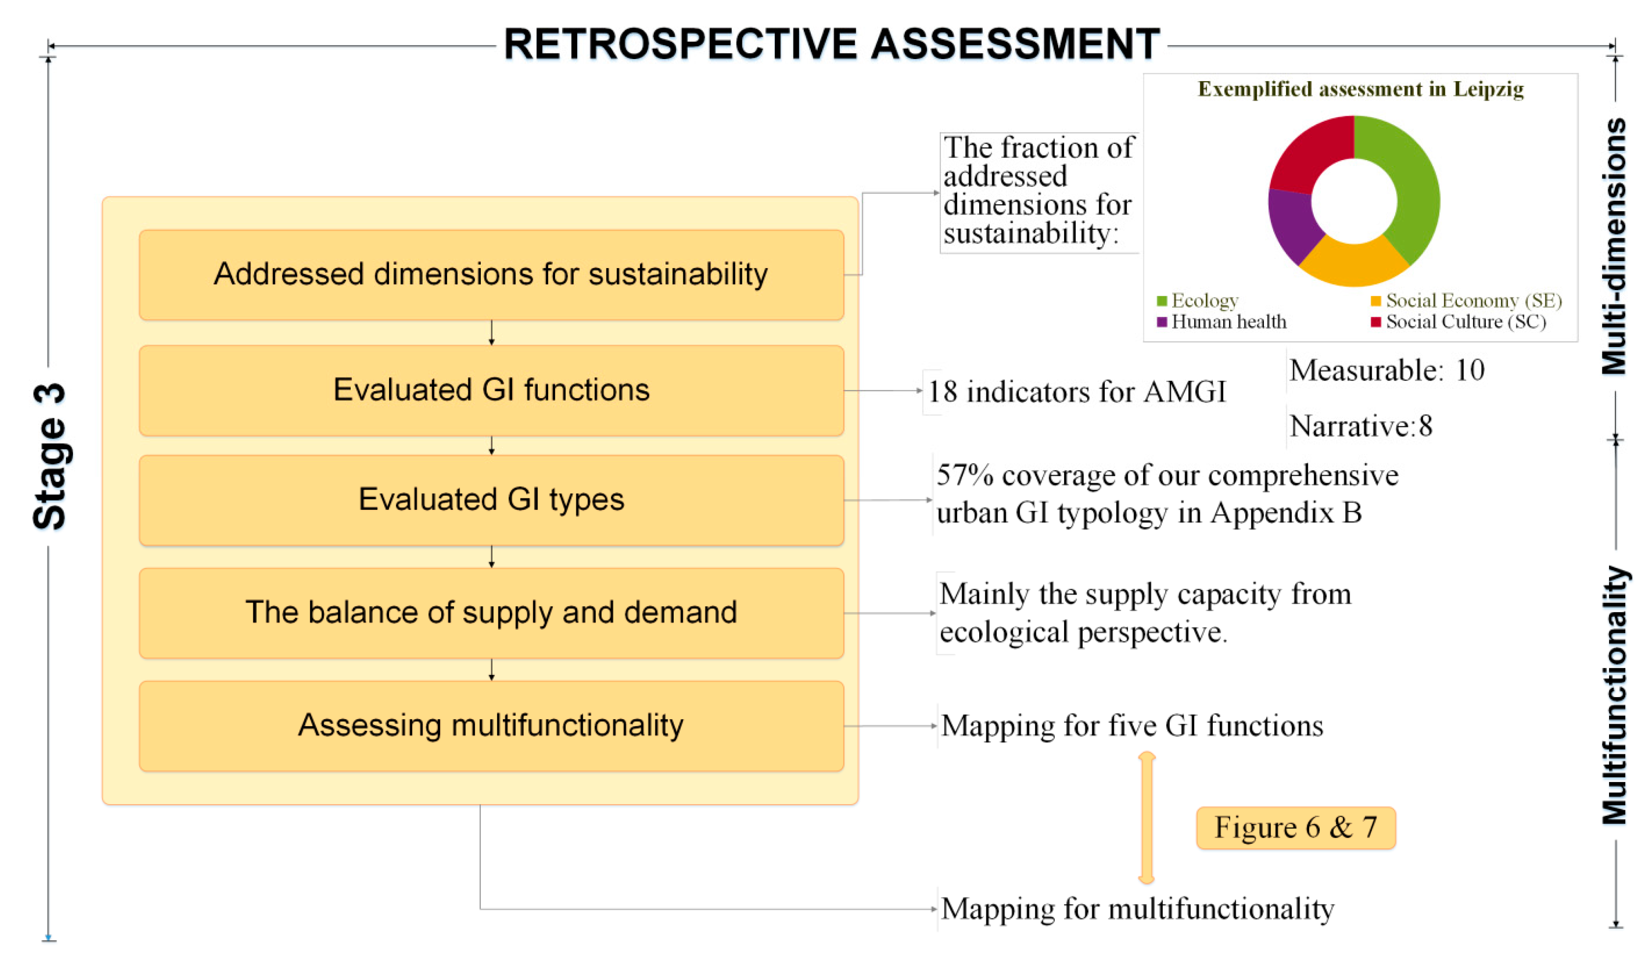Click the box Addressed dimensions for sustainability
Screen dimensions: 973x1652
pyautogui.click(x=491, y=274)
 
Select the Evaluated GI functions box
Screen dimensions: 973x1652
pyautogui.click(x=491, y=390)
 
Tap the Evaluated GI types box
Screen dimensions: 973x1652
pyautogui.click(x=491, y=500)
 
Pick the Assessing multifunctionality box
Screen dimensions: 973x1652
pyautogui.click(x=491, y=725)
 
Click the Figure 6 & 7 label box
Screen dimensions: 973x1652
pyautogui.click(x=1295, y=828)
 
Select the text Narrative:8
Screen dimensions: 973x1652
pyautogui.click(x=1360, y=426)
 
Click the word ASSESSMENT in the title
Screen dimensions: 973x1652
pyautogui.click(x=1015, y=45)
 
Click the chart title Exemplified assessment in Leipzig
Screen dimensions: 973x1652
pyautogui.click(x=1360, y=89)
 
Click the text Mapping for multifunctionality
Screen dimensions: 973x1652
pyautogui.click(x=1137, y=909)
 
